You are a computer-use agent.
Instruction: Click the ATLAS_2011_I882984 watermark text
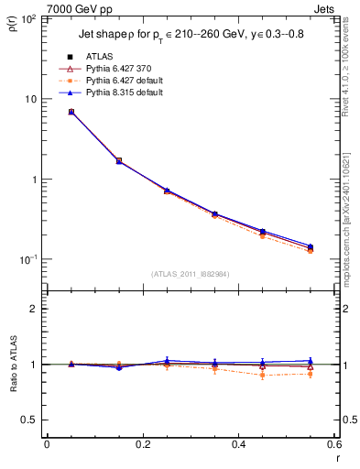coord(190,274)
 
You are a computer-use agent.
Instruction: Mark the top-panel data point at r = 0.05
coord(71,112)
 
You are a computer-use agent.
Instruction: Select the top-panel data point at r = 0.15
coord(119,160)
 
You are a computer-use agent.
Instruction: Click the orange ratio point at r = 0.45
coord(263,375)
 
